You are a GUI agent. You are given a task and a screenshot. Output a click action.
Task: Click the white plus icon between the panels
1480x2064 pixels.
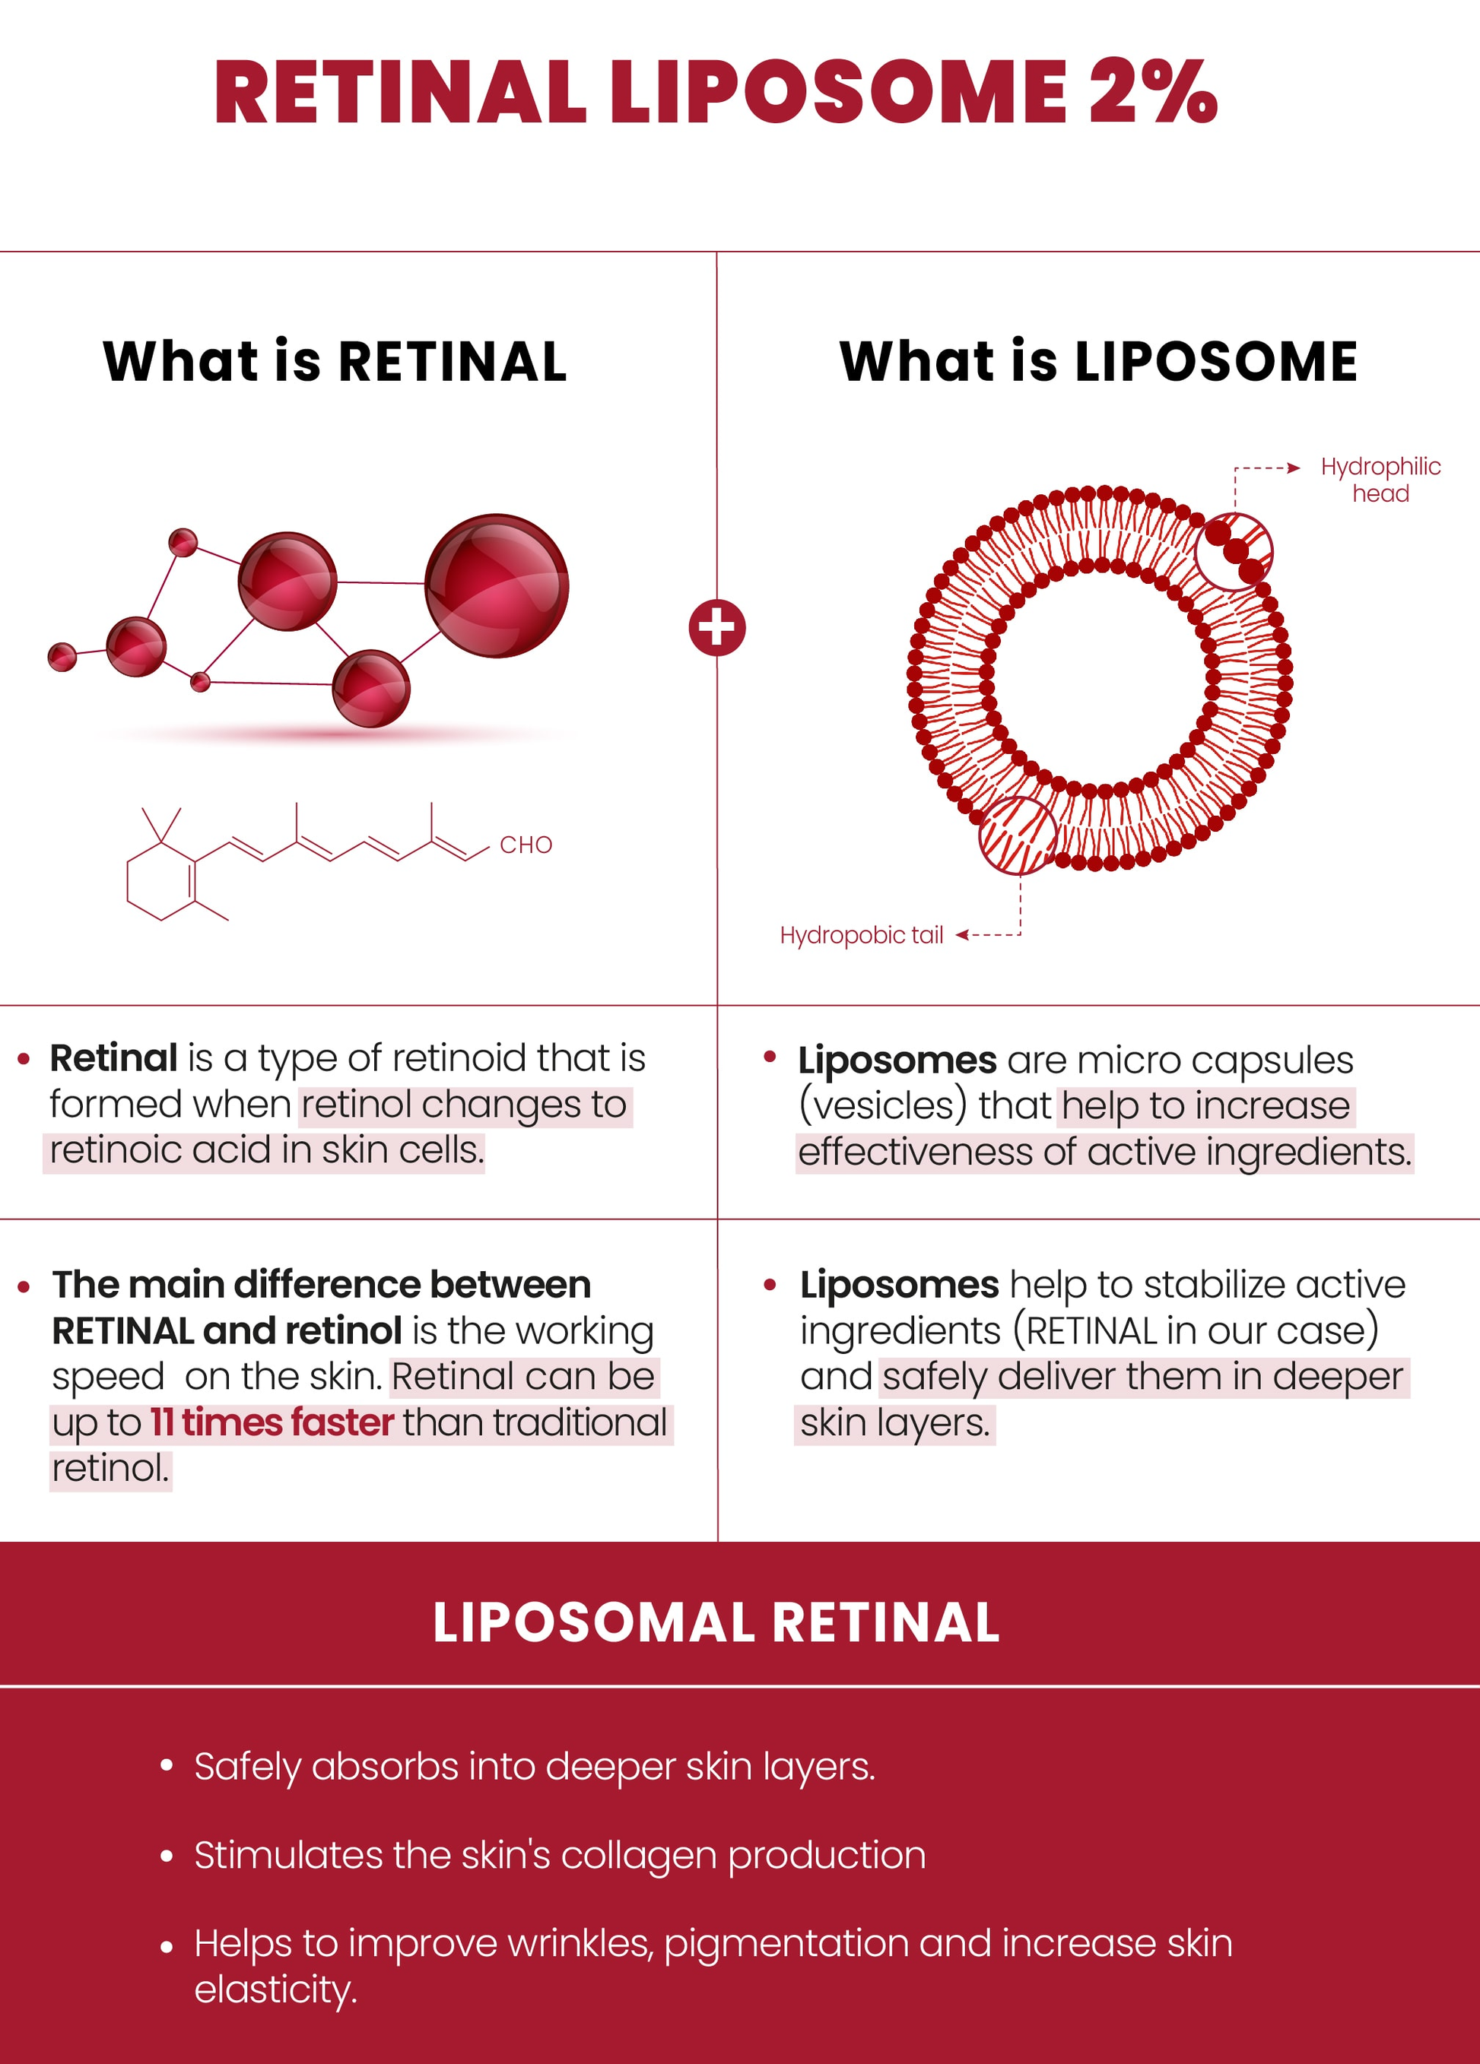click(717, 628)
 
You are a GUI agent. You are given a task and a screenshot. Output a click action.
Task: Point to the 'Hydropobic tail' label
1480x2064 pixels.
click(861, 936)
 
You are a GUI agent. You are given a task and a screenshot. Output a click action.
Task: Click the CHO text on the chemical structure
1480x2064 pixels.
click(526, 845)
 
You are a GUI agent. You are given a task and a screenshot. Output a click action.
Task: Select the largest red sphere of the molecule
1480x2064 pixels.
click(497, 586)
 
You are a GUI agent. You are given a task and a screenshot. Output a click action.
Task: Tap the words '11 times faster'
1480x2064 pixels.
click(272, 1422)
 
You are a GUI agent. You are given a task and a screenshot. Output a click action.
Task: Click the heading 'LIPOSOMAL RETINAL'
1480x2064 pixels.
click(716, 1622)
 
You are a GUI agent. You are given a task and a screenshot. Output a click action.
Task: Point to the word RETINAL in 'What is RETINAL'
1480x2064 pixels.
click(453, 361)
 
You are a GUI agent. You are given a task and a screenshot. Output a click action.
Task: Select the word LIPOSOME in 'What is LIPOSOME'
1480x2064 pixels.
click(1216, 361)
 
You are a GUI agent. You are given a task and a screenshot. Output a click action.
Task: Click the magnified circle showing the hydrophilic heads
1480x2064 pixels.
click(1234, 551)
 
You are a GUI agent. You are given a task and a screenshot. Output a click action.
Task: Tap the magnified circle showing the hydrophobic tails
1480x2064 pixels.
click(1018, 835)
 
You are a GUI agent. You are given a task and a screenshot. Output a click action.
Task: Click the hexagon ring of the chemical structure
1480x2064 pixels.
click(161, 882)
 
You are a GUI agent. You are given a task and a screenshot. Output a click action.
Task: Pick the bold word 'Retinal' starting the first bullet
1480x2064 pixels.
click(114, 1058)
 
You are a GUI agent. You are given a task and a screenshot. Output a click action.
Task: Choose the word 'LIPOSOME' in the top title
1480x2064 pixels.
click(838, 92)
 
